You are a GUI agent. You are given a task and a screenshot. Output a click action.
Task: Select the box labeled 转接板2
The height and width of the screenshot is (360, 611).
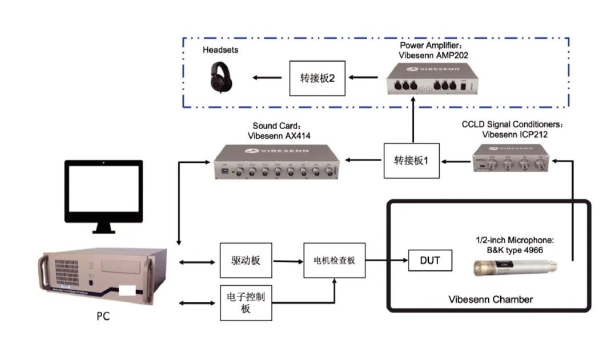click(317, 77)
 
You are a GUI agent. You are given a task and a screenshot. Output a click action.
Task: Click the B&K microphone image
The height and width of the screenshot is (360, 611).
click(517, 267)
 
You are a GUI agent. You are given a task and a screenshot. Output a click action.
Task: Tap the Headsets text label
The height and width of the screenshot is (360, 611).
click(220, 50)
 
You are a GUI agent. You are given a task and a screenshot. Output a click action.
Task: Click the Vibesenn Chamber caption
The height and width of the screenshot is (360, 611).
click(491, 299)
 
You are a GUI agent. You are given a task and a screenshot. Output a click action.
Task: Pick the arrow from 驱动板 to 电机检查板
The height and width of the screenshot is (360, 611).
click(288, 261)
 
